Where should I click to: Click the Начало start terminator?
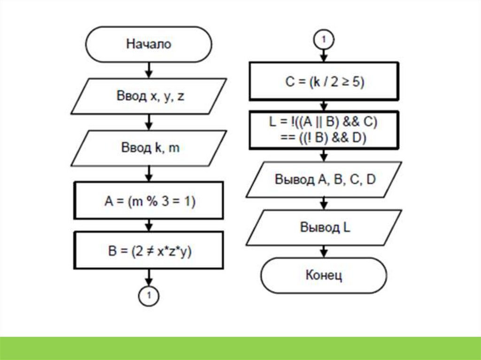tap(148, 45)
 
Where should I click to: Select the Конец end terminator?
tap(324, 276)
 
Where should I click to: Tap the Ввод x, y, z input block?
tap(148, 96)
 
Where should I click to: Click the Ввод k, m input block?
tap(148, 148)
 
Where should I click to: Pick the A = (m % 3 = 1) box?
tap(149, 201)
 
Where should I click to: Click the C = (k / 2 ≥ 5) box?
tap(324, 82)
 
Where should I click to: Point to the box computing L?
tap(324, 130)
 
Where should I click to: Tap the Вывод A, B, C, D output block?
tap(325, 179)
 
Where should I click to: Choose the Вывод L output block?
tap(325, 227)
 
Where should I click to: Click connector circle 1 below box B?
tap(149, 295)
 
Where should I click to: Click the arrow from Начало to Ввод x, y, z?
tap(149, 70)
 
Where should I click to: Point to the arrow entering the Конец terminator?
tap(324, 251)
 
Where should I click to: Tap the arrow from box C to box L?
tap(324, 105)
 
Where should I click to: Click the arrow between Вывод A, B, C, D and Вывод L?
tap(324, 203)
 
